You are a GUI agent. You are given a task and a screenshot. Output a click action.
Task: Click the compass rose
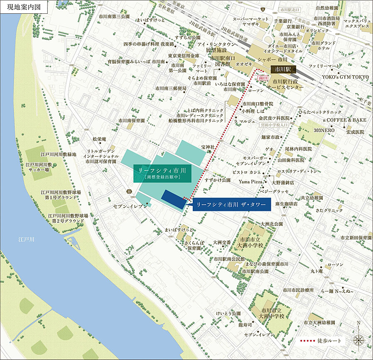point(358,339)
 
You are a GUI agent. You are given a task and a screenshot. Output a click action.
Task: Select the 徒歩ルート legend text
point(329,341)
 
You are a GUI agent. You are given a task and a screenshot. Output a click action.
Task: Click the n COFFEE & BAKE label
point(345,120)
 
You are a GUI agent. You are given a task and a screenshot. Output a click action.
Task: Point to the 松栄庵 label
point(99,139)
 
